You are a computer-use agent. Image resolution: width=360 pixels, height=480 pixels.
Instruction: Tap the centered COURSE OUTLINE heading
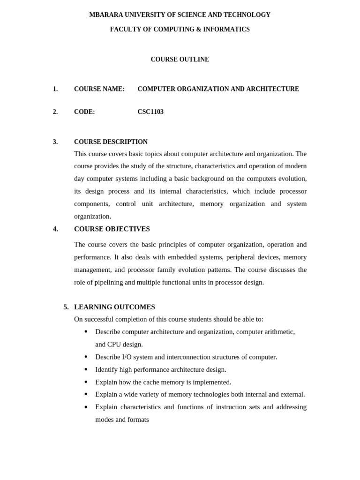[x=180, y=60]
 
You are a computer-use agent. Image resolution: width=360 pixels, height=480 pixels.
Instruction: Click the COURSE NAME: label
[x=99, y=89]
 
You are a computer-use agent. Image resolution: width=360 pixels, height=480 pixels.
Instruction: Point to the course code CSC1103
[x=150, y=112]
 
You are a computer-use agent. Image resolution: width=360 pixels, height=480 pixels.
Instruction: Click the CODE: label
[x=84, y=112]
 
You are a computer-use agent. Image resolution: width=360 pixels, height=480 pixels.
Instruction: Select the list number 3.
[x=55, y=142]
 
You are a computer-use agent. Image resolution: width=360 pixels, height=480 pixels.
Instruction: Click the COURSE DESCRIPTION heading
[x=111, y=142]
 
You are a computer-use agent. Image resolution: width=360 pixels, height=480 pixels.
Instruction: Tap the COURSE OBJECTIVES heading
[x=112, y=229]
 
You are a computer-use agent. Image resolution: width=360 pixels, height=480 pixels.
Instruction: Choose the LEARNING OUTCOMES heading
[x=114, y=307]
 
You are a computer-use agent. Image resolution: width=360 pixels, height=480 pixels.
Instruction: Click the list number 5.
[x=66, y=307]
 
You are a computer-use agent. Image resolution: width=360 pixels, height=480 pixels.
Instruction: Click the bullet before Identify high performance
[x=86, y=370]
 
